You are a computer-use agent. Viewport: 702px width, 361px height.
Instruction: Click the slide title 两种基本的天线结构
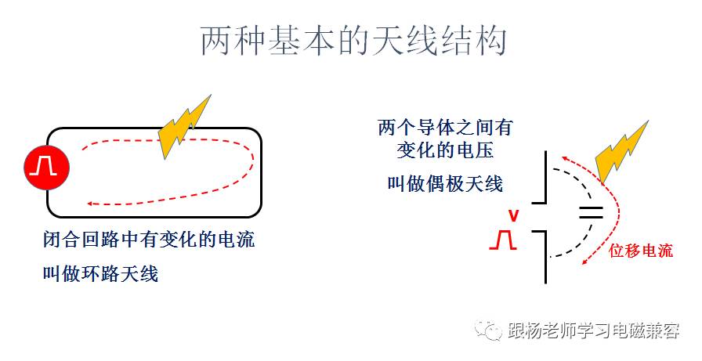tap(353, 42)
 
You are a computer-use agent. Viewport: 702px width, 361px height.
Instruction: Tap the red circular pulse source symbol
tap(46, 168)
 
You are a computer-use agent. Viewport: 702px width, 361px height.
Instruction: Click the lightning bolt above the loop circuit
tap(184, 127)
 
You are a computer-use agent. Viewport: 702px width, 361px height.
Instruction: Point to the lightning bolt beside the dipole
tap(621, 151)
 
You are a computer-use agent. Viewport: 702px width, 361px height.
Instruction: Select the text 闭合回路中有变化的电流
tap(149, 240)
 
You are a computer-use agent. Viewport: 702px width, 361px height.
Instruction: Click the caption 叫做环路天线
tap(101, 273)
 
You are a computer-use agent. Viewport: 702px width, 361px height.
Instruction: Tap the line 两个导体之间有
tap(445, 128)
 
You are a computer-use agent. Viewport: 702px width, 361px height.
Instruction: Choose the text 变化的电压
tap(445, 150)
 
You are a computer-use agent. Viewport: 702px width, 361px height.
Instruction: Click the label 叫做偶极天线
tap(445, 183)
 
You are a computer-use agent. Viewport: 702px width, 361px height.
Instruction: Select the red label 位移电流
tap(641, 251)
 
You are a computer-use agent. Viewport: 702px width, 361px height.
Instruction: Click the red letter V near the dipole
tap(513, 216)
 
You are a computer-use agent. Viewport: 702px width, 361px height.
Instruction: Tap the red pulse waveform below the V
tap(503, 240)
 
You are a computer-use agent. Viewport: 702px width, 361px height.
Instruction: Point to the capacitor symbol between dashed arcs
tap(591, 212)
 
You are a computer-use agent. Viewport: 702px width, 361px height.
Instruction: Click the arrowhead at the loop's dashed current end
tap(89, 204)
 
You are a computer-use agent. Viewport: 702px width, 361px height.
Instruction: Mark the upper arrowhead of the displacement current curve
tap(564, 158)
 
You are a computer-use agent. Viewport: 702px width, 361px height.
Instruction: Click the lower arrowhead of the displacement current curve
tap(584, 262)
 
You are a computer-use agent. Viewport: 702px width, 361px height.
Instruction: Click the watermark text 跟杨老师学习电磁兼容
tap(594, 331)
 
